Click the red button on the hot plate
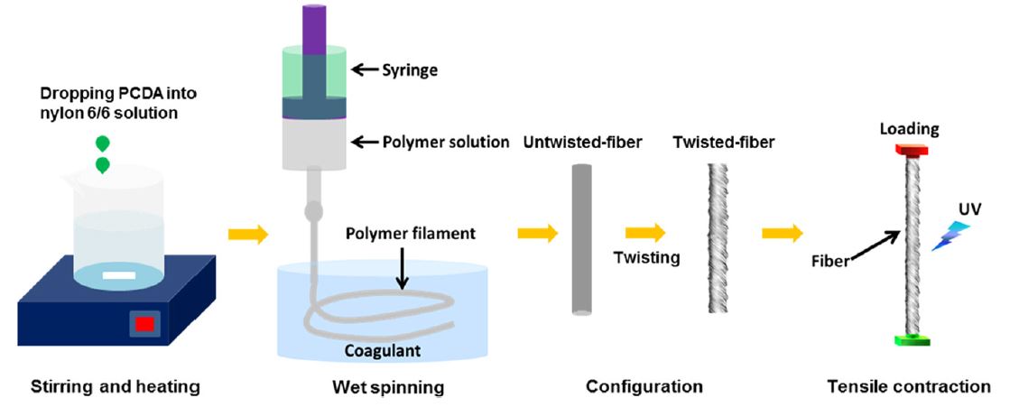[142, 324]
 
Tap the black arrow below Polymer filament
[403, 267]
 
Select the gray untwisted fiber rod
[582, 239]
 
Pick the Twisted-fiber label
[723, 143]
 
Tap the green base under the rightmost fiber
[911, 340]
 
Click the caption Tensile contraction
[909, 387]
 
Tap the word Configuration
[644, 387]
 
